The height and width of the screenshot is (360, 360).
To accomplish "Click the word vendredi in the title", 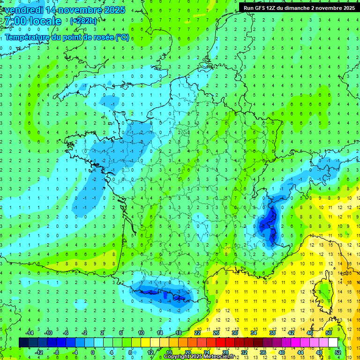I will click(x=24, y=10).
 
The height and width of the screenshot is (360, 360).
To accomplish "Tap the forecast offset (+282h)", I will click(x=83, y=21).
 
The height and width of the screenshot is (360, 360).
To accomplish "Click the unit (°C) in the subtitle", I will click(x=122, y=37).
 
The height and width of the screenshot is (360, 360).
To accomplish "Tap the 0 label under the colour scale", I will click(x=92, y=352).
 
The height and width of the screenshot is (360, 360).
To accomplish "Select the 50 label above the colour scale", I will click(x=328, y=333).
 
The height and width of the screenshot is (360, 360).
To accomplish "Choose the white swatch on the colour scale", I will click(x=333, y=342).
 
